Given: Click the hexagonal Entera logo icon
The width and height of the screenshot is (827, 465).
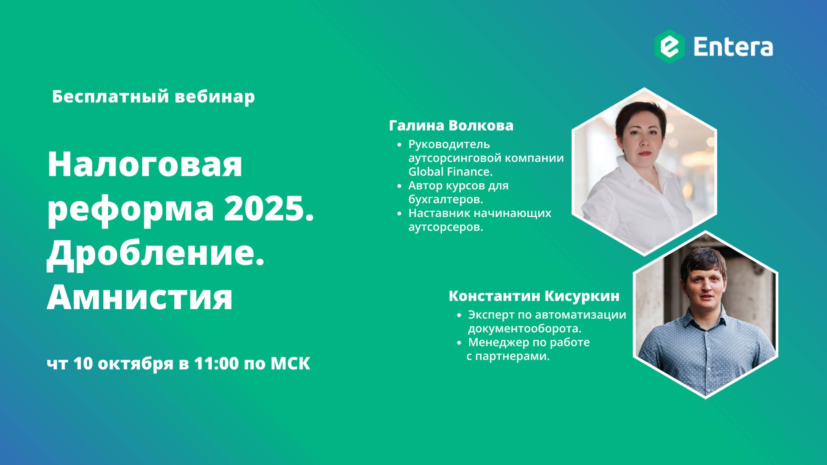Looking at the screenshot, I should pos(670,46).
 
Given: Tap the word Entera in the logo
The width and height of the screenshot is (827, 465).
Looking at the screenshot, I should pos(733,47).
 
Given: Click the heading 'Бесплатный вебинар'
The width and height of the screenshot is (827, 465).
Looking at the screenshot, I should pos(153,96).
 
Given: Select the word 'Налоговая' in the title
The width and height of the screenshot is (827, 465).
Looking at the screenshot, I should pos(145,164).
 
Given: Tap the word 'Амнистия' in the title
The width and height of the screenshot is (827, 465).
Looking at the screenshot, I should pos(140,297).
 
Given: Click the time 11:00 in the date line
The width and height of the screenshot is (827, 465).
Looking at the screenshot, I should pos(216,363).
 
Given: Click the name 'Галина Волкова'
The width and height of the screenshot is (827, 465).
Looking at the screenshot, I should pos(451,126).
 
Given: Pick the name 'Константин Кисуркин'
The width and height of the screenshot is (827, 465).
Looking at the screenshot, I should pos(534,296).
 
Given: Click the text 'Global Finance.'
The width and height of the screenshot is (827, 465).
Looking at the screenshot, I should pos(450,172).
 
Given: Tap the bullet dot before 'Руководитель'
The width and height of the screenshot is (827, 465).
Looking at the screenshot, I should pos(399,145).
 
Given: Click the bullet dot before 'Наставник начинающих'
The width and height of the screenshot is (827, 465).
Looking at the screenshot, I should pos(399,214).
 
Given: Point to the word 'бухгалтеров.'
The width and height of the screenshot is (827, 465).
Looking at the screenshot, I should pos(446,199).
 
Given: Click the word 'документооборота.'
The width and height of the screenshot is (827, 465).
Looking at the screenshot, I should pos(524,329).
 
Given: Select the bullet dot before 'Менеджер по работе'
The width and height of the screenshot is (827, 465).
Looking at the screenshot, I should pos(459,343).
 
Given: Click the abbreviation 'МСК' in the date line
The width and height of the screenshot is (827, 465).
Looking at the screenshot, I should pos(290,363).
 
